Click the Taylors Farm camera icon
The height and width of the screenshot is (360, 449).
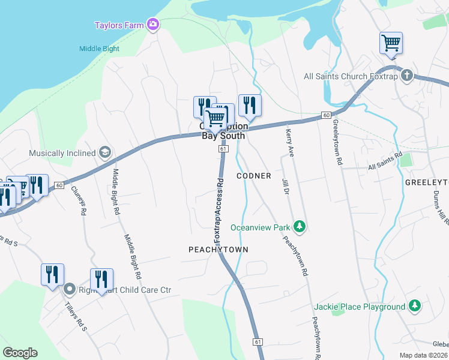[153, 24]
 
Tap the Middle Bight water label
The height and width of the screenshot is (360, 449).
[99, 49]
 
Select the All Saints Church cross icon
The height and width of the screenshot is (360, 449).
[407, 75]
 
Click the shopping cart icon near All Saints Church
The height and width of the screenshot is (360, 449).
[391, 43]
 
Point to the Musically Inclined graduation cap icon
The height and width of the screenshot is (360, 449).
[106, 152]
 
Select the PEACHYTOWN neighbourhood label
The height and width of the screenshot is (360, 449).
[218, 249]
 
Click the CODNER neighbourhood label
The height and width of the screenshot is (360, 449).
[254, 176]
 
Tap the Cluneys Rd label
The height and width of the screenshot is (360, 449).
[79, 199]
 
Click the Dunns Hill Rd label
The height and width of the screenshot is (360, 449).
[441, 207]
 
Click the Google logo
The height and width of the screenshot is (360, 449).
[20, 353]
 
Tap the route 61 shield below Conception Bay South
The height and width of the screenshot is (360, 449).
[223, 148]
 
